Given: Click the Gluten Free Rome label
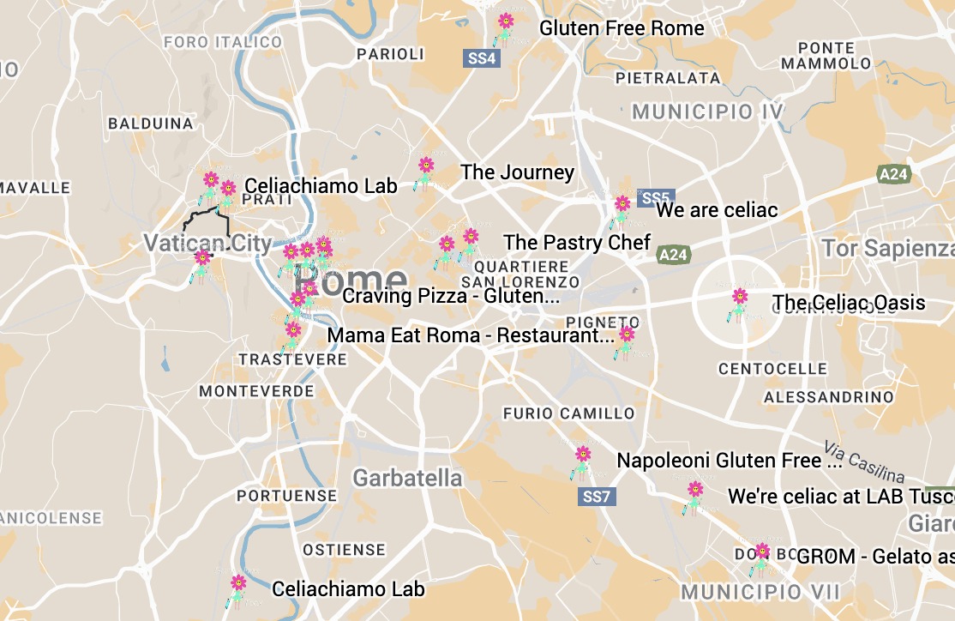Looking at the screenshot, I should pos(622,28).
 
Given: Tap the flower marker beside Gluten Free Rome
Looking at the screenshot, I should pos(505,26).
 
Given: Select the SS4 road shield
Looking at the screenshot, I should pos(482,58).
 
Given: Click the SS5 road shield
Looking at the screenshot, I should pos(658,197).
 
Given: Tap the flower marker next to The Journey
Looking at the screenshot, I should pos(425,170).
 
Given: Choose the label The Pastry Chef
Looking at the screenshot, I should pos(577,242).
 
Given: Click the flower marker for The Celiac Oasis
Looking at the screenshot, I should pos(739,301).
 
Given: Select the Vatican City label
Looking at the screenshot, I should pos(207,243).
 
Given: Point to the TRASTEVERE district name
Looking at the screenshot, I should pos(292,359).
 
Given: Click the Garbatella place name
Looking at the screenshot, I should pos(407,478).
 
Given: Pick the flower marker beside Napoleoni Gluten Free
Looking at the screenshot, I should pos(583,459).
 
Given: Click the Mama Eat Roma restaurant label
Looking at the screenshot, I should pos(471,335).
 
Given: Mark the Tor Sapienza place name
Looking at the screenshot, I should pos(887,248).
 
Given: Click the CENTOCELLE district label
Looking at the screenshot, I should pos(772,369).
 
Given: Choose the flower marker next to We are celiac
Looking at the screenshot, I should pos(622,208).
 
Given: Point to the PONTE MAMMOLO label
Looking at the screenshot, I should pos(826,56).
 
